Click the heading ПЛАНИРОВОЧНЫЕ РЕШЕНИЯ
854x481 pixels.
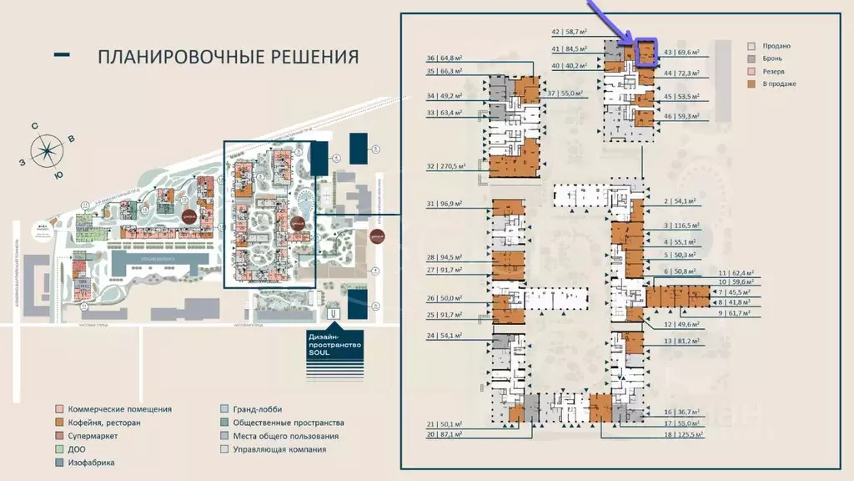[x=228, y=57]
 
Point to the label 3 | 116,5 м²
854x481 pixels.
[x=680, y=226]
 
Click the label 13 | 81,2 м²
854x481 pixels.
[x=680, y=341]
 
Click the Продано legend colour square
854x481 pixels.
[x=751, y=46]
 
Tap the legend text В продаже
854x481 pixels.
[x=779, y=84]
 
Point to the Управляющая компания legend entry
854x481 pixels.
[x=273, y=449]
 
